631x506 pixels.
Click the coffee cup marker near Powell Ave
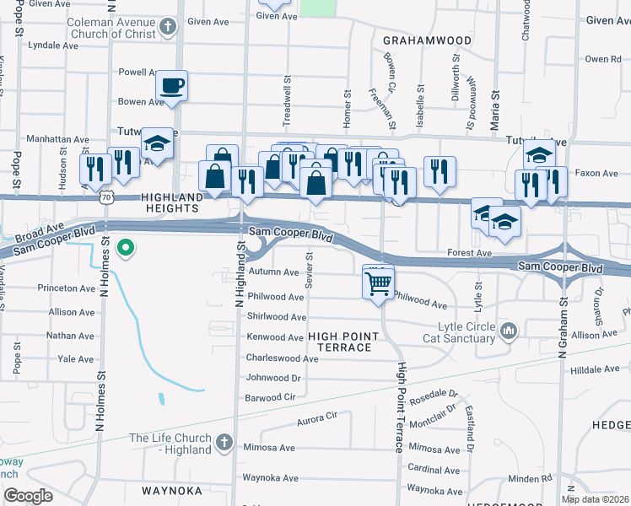tap(172, 85)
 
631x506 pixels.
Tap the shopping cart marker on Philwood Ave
tap(378, 281)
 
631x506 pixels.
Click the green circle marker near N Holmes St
tap(126, 248)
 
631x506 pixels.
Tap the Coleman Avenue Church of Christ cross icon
tap(168, 27)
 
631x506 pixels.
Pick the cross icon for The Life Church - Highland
tap(224, 442)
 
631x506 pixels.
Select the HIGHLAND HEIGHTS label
tap(172, 203)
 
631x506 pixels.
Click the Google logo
tap(28, 496)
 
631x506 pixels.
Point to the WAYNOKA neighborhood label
tap(172, 490)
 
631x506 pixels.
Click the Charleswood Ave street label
tap(282, 358)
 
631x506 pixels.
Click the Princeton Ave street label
tap(67, 288)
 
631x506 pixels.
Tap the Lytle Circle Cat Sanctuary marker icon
tap(508, 330)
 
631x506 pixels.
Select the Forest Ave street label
tap(470, 252)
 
